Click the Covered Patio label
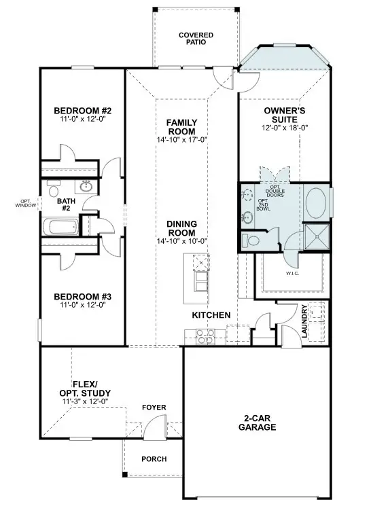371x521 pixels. pyautogui.click(x=196, y=38)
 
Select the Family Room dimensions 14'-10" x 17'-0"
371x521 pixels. pyautogui.click(x=181, y=140)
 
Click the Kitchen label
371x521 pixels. pyautogui.click(x=211, y=316)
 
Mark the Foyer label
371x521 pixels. pyautogui.click(x=154, y=408)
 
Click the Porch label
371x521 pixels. pyautogui.click(x=154, y=459)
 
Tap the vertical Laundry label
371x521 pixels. pyautogui.click(x=306, y=322)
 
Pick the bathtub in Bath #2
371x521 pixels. pyautogui.click(x=61, y=226)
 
